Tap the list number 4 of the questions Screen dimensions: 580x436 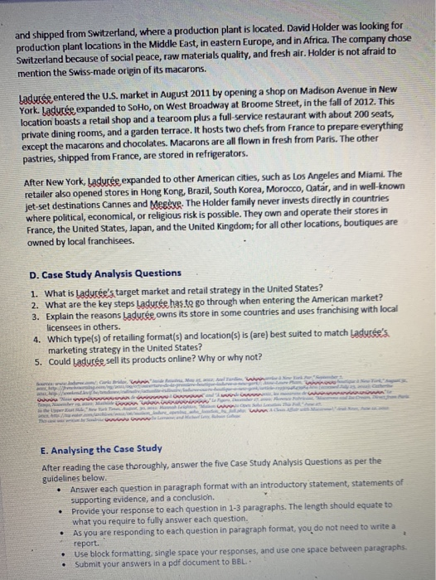click(x=34, y=338)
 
